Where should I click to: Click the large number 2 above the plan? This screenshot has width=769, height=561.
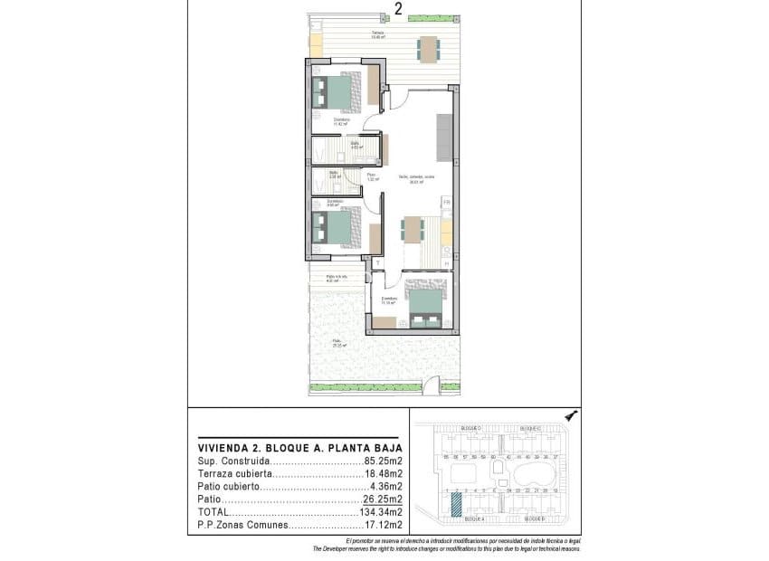pyautogui.click(x=398, y=10)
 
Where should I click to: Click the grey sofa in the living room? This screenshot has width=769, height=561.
pyautogui.click(x=443, y=137)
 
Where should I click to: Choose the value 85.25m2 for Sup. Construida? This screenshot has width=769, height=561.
pyautogui.click(x=383, y=461)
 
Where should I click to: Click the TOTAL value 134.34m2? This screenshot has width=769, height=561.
pyautogui.click(x=380, y=511)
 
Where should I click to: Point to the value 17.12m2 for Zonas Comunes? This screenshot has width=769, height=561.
pyautogui.click(x=383, y=525)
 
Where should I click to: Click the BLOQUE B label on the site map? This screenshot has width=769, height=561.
pyautogui.click(x=531, y=519)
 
